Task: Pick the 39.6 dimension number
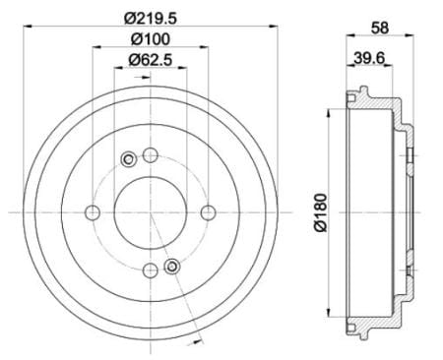click(x=370, y=59)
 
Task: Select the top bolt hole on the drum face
click(x=151, y=154)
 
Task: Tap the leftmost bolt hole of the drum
click(x=93, y=212)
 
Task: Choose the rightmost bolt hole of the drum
click(x=209, y=212)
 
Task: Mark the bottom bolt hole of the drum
click(x=151, y=270)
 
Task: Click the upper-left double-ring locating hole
click(x=128, y=159)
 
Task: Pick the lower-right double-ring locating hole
click(x=173, y=267)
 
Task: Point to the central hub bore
click(x=151, y=212)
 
